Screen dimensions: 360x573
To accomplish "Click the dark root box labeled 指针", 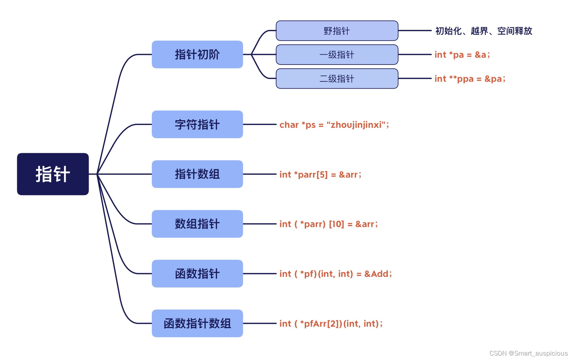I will click(53, 174).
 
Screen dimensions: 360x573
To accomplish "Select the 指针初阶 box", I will click(197, 54).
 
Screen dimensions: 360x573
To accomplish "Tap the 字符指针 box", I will click(197, 124).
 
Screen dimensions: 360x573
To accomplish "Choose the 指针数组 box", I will click(197, 174).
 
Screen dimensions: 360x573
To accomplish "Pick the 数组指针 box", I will click(197, 224).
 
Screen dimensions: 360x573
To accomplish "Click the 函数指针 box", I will click(197, 273).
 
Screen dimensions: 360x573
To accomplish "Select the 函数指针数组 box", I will click(197, 323).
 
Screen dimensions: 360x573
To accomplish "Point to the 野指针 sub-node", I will click(337, 31).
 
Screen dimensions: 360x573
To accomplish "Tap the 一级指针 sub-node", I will click(337, 55).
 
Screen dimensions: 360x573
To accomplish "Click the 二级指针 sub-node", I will click(337, 79).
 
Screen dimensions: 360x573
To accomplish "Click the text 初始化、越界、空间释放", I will click(484, 31).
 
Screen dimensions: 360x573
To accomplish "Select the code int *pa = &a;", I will click(462, 55).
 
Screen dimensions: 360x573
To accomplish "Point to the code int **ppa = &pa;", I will click(470, 79).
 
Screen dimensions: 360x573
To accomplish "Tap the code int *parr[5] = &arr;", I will click(320, 175).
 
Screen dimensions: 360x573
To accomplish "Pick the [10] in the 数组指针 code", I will click(336, 224).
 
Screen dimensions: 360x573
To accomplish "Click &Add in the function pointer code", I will click(376, 274).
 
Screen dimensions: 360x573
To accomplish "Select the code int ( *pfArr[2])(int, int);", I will click(331, 324).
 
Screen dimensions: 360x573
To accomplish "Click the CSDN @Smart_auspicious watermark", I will click(528, 353).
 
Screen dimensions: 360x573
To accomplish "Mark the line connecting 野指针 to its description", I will click(415, 31).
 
